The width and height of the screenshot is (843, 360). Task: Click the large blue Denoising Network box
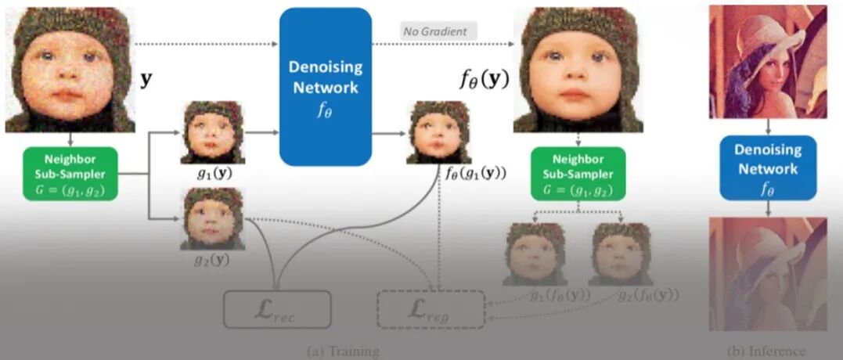point(325,86)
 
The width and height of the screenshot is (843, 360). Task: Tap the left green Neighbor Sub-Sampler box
point(70,172)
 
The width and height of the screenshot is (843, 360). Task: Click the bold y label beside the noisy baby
point(146,80)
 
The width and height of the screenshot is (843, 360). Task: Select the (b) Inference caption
point(766,351)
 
